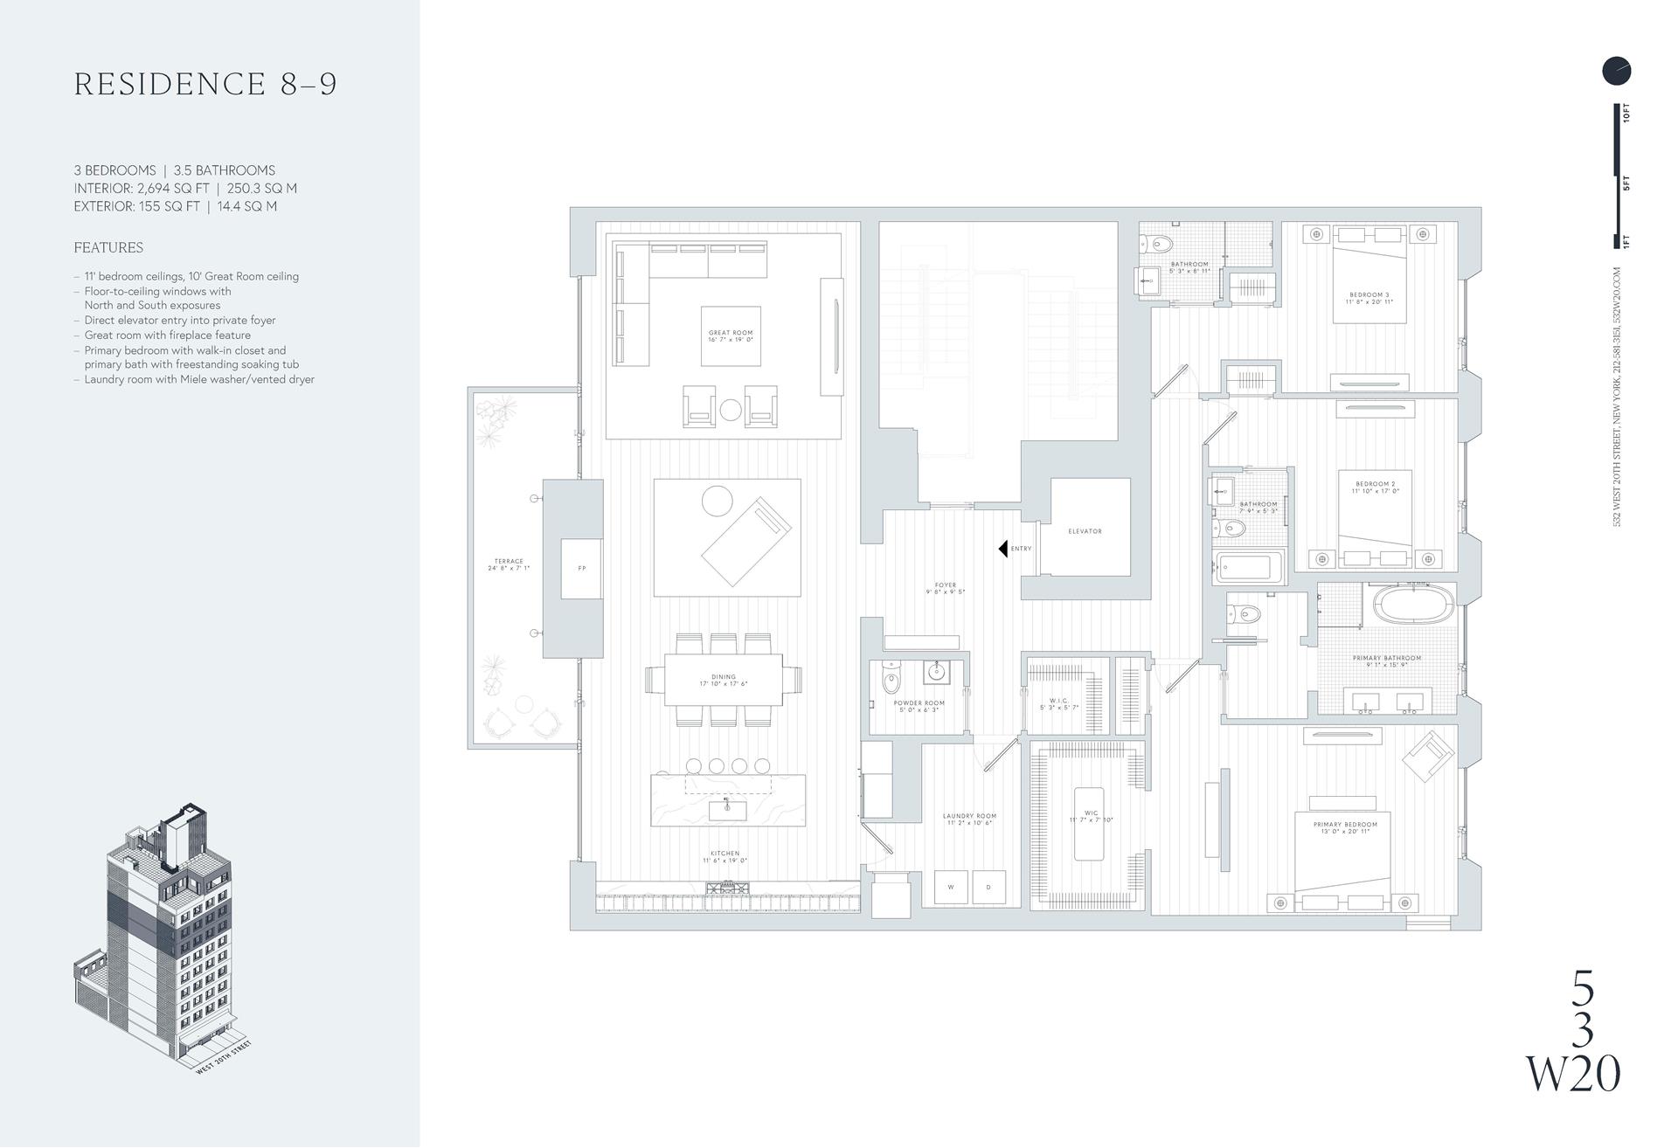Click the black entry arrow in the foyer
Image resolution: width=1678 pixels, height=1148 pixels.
(1003, 549)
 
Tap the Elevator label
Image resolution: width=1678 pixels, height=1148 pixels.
(1085, 531)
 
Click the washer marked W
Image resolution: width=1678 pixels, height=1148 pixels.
(951, 887)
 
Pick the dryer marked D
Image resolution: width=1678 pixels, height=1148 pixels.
(988, 887)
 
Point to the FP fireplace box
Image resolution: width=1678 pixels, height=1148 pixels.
(581, 569)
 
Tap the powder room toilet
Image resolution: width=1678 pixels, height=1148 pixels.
(891, 681)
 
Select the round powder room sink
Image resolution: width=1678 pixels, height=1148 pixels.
(936, 673)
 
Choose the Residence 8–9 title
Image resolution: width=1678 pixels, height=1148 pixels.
(205, 84)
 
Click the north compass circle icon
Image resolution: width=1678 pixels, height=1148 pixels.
(1616, 71)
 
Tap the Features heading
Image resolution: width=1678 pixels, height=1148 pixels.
(108, 248)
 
